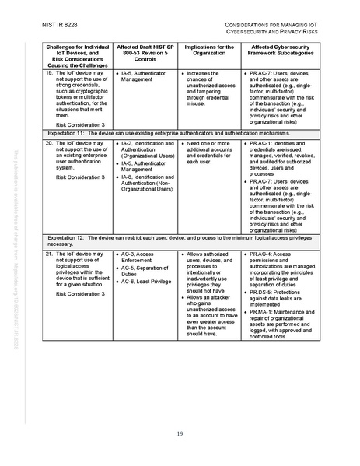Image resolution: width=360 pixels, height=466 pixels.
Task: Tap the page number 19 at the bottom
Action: coord(179,433)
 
